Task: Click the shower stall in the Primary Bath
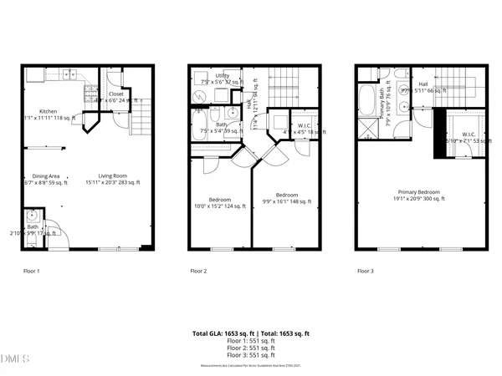click(x=369, y=129)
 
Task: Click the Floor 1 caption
click(x=32, y=271)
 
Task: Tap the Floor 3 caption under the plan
click(x=366, y=271)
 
